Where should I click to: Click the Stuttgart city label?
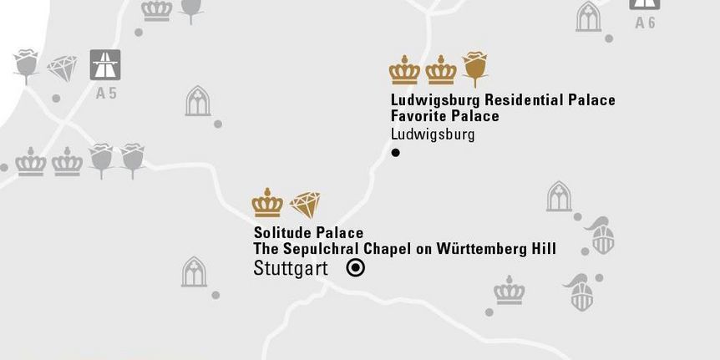tap(291, 269)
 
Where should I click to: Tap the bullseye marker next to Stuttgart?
tap(356, 268)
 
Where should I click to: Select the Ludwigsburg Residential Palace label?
tap(503, 100)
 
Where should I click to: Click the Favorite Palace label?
tap(445, 116)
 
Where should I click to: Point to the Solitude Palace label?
tap(308, 232)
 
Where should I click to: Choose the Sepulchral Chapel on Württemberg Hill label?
tap(405, 249)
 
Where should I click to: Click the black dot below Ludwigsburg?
tap(396, 153)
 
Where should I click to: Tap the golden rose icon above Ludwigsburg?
tap(474, 68)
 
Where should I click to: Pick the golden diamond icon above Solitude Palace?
tap(305, 204)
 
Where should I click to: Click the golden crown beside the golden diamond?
tap(267, 203)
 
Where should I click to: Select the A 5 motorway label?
tap(106, 94)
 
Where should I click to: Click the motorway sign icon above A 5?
tap(106, 65)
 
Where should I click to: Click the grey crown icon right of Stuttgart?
tap(509, 291)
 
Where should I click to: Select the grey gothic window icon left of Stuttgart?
tap(194, 272)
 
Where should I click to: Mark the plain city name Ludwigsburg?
tap(433, 134)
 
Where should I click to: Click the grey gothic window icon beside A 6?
tap(589, 17)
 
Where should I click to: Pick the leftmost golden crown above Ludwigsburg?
tap(404, 70)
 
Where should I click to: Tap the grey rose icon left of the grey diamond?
tap(26, 65)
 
